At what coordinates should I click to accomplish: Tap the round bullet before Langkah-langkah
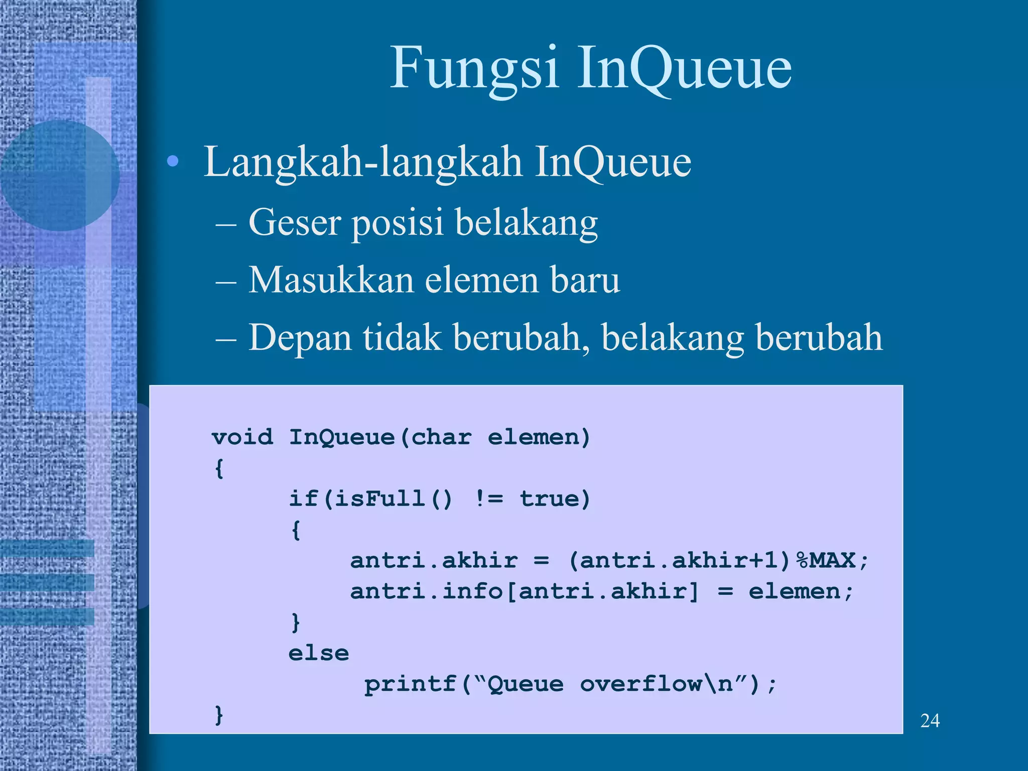[x=173, y=161]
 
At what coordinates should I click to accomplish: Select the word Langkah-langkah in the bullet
[x=362, y=162]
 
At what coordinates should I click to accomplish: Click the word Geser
[x=295, y=222]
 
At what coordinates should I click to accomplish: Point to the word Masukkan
[x=330, y=280]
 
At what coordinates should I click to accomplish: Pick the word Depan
[x=300, y=338]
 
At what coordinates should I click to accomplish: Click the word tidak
[x=402, y=337]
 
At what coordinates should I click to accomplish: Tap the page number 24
[x=930, y=721]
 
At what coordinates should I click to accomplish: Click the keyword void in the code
[x=242, y=437]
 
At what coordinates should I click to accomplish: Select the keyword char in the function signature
[x=441, y=437]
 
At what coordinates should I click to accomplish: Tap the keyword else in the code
[x=319, y=654]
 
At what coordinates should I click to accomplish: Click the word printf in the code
[x=410, y=684]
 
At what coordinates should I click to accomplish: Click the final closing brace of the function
[x=218, y=715]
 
